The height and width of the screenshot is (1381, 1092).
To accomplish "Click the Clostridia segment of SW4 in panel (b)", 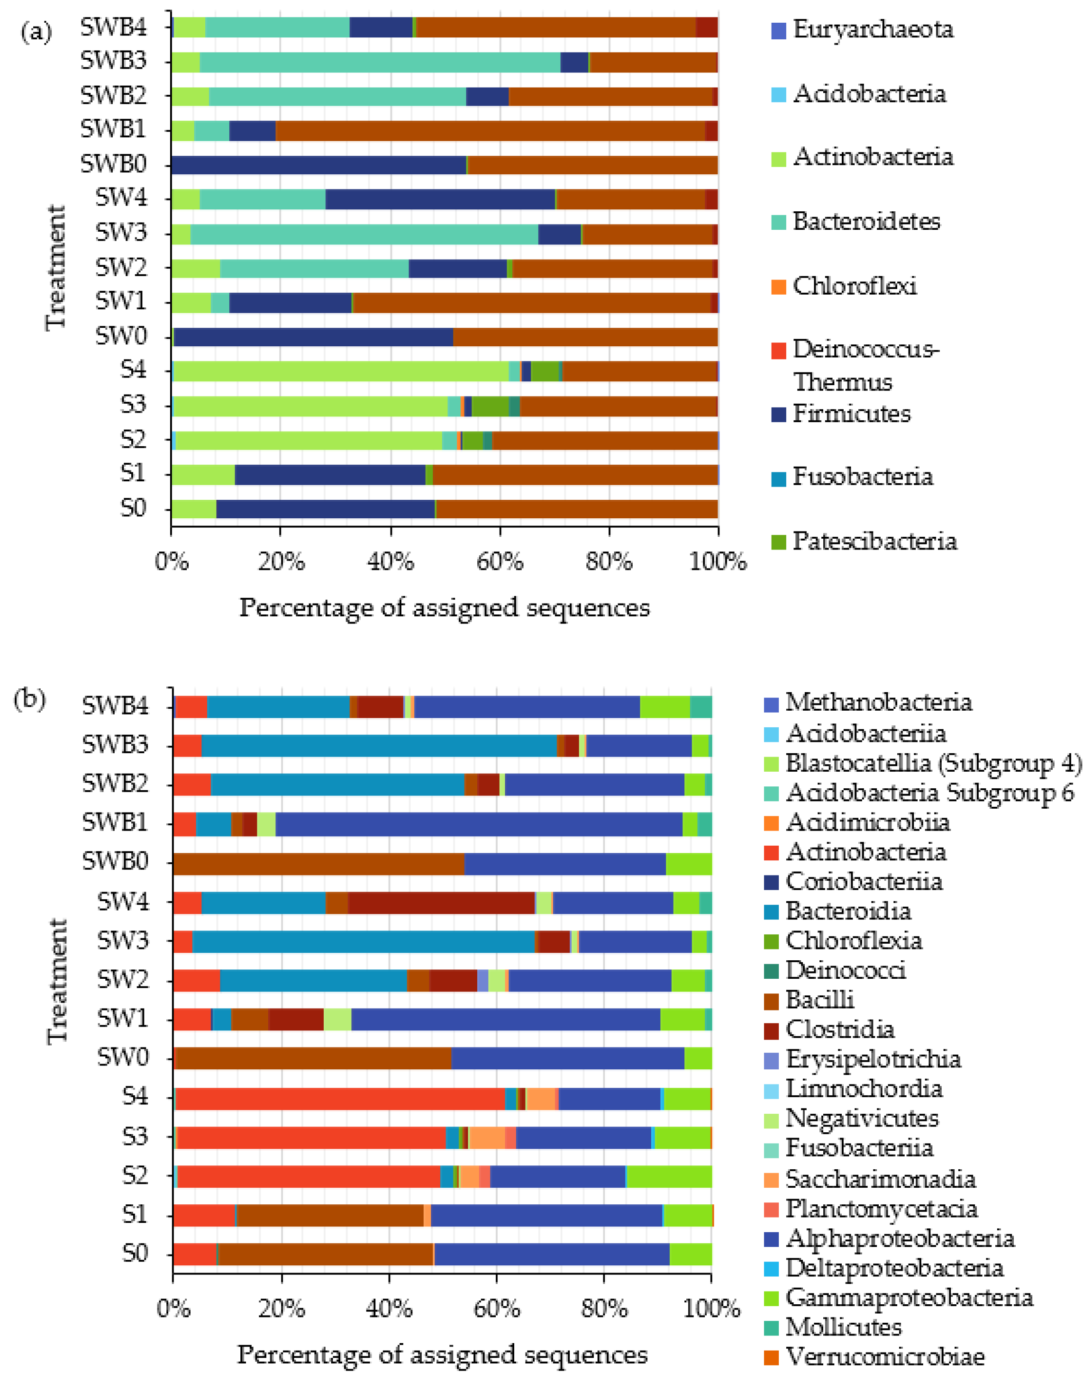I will coord(441,903).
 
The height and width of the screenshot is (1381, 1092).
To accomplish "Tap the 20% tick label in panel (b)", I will coord(282,1308).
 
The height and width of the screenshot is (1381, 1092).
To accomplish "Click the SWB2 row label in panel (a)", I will coord(114,96).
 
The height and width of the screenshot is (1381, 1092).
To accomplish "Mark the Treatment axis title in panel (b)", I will coord(57,981).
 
